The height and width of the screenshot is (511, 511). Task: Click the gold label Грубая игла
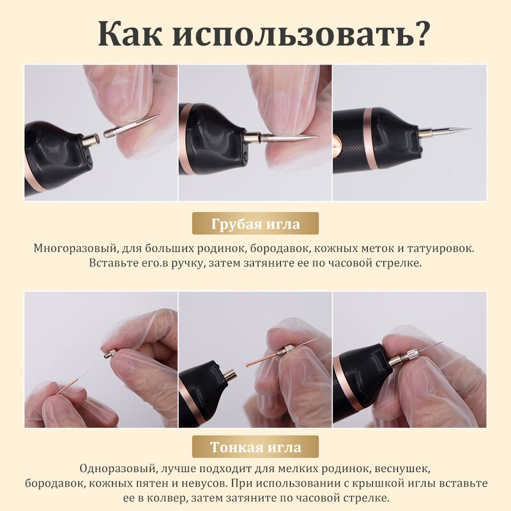pos(255,224)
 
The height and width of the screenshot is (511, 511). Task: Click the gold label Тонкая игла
pos(255,445)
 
